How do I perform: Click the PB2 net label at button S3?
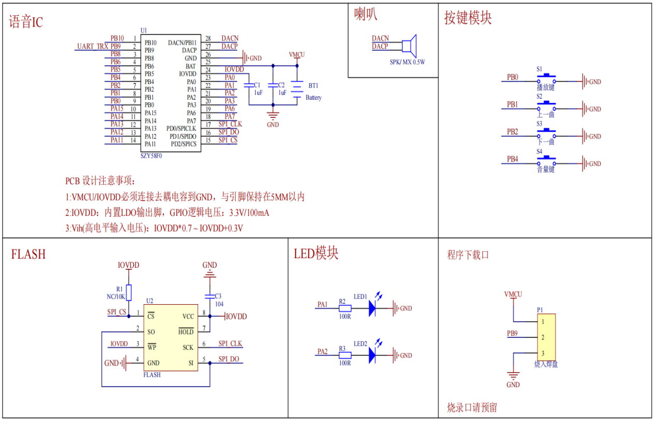click(512, 132)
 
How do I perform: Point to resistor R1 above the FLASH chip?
click(129, 293)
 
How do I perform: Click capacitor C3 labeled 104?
click(210, 296)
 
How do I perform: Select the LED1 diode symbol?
click(372, 308)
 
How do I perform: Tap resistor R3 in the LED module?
click(345, 356)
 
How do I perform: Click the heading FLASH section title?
click(29, 254)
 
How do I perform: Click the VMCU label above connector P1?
click(513, 294)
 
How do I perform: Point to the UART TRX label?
click(93, 47)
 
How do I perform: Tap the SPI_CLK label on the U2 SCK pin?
click(230, 344)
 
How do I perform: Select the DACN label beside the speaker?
click(380, 38)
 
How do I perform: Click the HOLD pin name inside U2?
click(186, 332)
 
